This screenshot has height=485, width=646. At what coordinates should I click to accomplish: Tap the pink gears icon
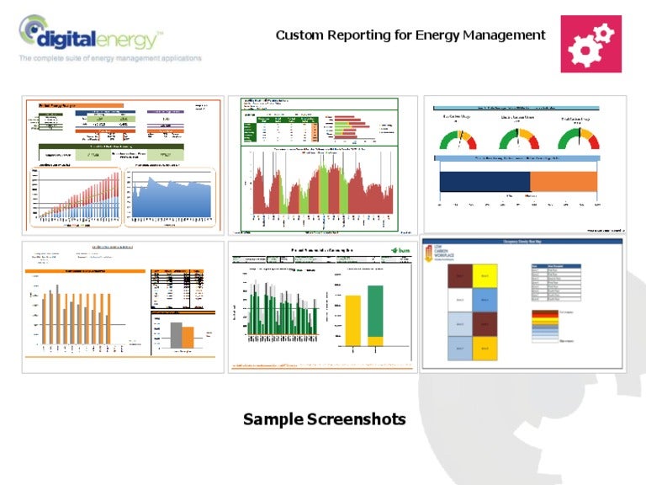[x=590, y=44]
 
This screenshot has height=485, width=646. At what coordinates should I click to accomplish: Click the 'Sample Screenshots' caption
[x=324, y=419]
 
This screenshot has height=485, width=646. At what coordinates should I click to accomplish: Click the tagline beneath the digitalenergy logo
[x=110, y=59]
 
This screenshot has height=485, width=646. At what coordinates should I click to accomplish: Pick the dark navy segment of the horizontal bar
[x=484, y=180]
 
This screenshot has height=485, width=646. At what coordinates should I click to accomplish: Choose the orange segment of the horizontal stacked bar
[x=564, y=180]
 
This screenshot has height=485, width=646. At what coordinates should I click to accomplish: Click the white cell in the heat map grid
[x=458, y=299]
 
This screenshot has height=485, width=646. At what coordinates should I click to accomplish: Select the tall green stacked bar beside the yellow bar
[x=375, y=315]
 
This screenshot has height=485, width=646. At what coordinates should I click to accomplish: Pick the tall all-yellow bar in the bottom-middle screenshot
[x=353, y=320]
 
